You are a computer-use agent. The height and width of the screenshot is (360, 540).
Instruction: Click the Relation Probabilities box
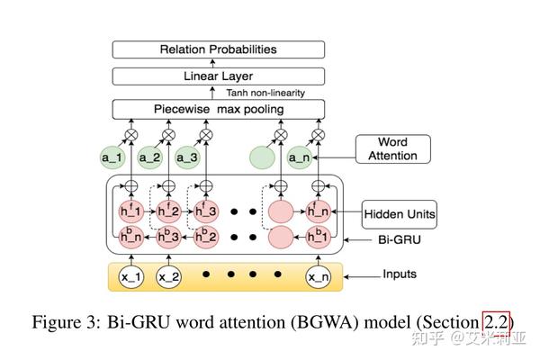[x=218, y=49]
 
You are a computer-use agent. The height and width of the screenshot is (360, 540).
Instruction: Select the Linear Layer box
[x=218, y=78]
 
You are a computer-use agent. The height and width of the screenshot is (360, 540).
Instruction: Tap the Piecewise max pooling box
[x=218, y=110]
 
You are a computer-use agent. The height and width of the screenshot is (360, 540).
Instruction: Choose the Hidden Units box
[x=400, y=214]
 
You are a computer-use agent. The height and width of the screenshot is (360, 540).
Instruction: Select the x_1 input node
[x=130, y=277]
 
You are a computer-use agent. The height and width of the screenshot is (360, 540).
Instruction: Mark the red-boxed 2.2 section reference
[x=496, y=321]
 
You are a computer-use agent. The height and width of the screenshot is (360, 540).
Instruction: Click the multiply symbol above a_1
[x=130, y=135]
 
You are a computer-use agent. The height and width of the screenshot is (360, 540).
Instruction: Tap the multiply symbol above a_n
[x=317, y=135]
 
